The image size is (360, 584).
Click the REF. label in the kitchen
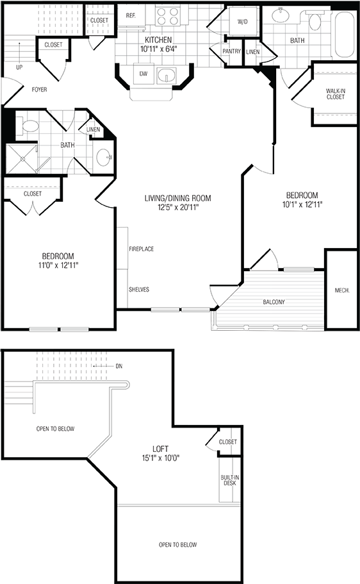tap(131, 15)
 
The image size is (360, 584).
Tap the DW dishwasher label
tap(142, 73)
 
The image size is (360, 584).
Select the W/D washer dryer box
tap(242, 22)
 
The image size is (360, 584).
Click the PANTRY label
tap(231, 51)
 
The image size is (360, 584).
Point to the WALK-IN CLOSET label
tap(335, 94)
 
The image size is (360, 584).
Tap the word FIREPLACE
tap(141, 249)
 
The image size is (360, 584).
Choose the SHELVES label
tap(139, 289)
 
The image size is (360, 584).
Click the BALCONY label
tap(274, 302)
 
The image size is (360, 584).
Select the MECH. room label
tap(341, 291)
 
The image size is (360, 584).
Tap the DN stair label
tap(119, 366)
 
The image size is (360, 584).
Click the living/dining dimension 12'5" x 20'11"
tap(177, 207)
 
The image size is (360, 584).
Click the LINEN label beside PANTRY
tap(252, 51)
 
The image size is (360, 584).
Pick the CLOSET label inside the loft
tap(228, 442)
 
